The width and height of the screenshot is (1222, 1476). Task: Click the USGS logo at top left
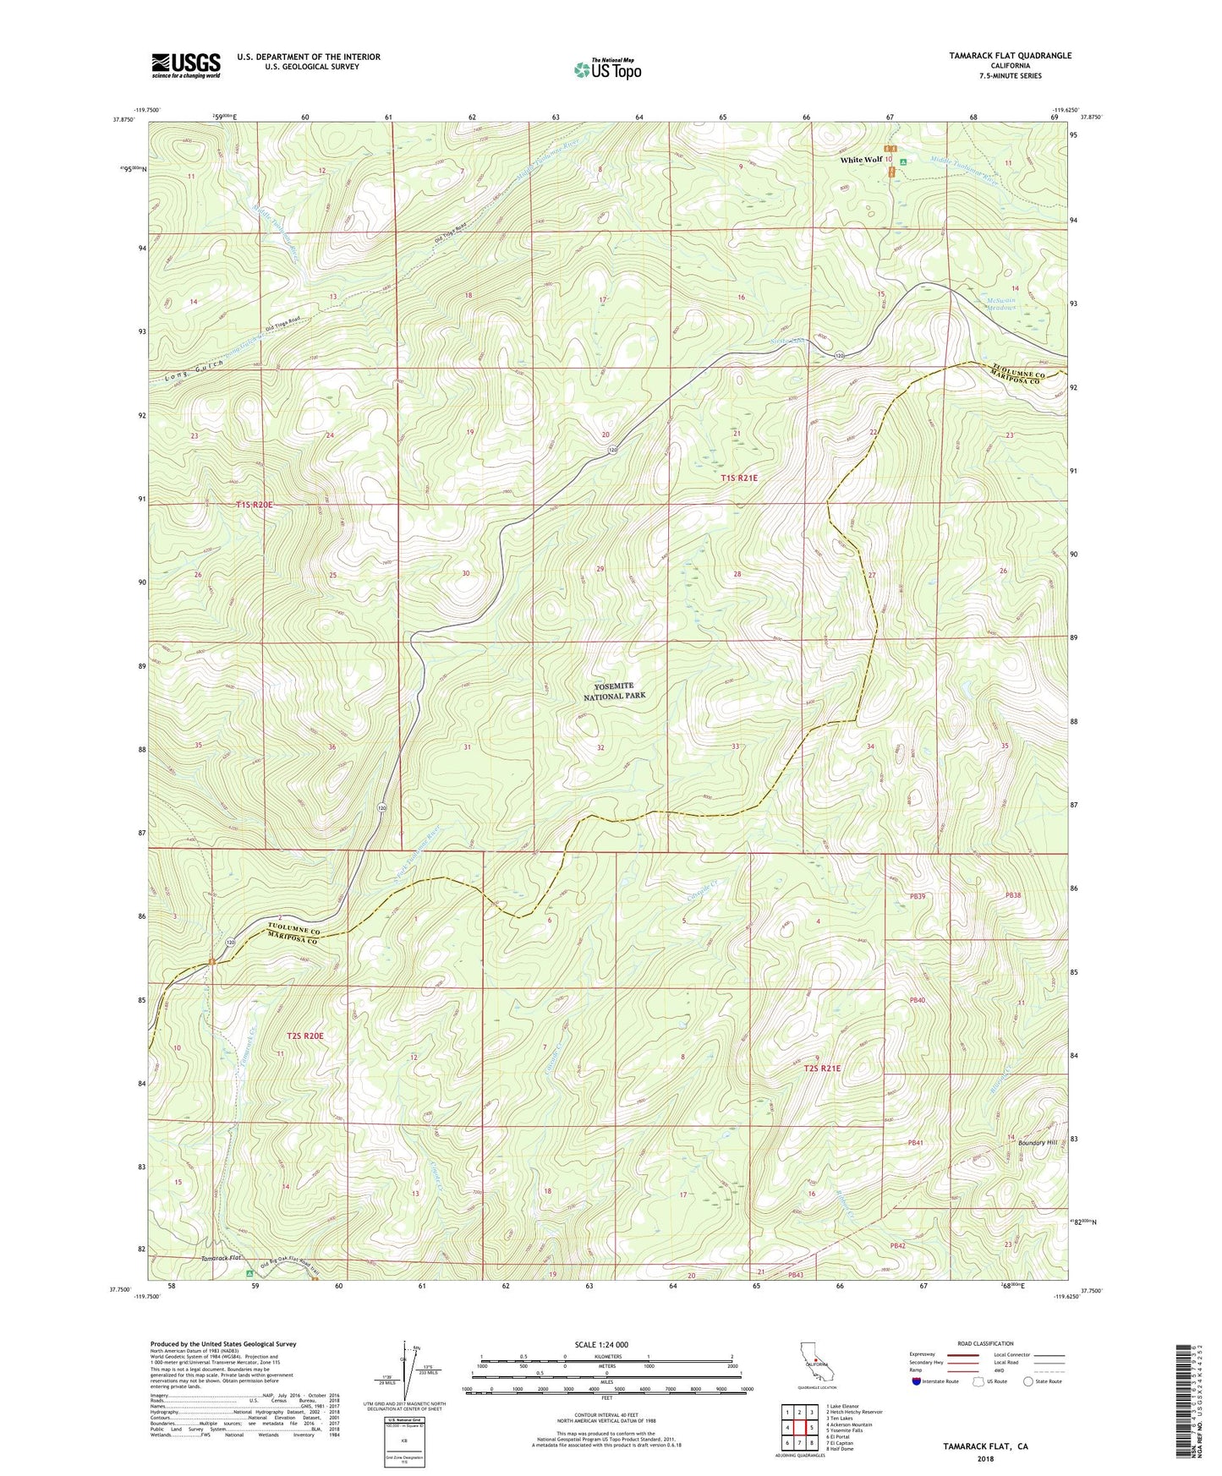[x=185, y=65]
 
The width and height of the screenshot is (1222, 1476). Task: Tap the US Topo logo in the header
[x=606, y=69]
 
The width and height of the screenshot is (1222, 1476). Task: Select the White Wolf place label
[x=861, y=159]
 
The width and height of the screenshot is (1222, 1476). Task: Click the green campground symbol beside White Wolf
[x=903, y=161]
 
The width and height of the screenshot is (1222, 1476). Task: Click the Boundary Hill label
[x=1038, y=1143]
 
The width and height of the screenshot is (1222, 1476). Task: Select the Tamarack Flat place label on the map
[x=222, y=1259]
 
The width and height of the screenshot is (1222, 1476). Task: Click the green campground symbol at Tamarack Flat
[x=249, y=1273]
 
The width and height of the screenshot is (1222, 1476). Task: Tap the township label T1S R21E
[x=739, y=478]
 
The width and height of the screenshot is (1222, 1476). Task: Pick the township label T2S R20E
[x=305, y=1035]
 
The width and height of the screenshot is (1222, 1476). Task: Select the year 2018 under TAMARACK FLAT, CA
[x=985, y=1458]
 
